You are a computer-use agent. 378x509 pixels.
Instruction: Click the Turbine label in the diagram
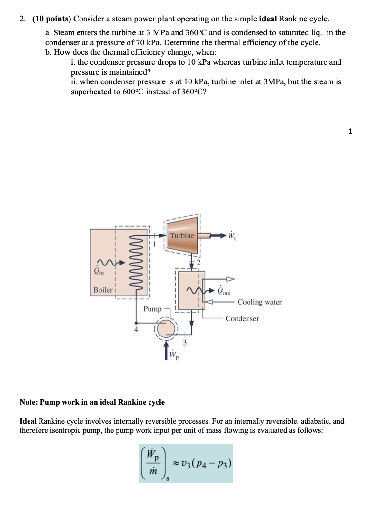coord(182,235)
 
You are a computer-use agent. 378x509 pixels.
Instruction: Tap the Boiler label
coord(103,290)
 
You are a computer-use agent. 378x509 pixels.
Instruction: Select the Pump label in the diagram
coord(152,309)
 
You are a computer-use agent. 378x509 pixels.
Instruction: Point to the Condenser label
coord(242,318)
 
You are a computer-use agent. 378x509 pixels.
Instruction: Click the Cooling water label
coord(259,302)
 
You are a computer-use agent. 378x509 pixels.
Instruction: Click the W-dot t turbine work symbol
coord(232,236)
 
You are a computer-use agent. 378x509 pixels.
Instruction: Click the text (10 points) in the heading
coord(51,20)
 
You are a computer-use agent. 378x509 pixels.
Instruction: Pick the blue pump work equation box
coord(186,463)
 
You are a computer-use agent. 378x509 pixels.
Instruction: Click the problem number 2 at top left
coord(23,20)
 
